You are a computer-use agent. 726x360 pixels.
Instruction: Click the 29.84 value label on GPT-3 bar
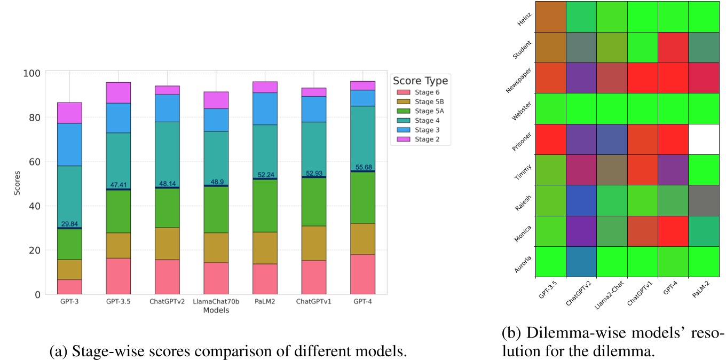69,223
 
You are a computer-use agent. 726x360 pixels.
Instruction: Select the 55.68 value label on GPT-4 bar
363,167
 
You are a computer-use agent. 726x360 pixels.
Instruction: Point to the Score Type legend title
420,81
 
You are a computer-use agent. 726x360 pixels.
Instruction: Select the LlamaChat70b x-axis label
216,302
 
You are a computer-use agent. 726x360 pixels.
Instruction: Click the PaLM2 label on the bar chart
265,302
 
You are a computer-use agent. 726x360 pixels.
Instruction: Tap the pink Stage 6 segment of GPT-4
363,274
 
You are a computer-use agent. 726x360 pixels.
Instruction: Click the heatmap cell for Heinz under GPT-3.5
551,17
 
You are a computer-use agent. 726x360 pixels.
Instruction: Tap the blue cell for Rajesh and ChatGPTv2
581,200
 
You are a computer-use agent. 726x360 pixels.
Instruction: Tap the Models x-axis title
216,310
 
